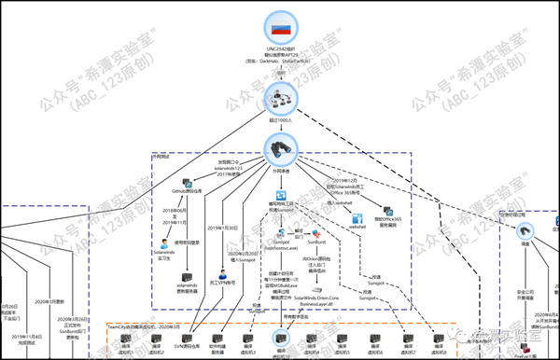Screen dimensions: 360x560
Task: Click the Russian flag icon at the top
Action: click(x=280, y=22)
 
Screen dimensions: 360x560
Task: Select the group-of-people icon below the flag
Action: click(x=280, y=96)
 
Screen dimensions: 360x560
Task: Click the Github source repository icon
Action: click(x=190, y=187)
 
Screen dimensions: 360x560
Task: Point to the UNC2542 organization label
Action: click(x=280, y=48)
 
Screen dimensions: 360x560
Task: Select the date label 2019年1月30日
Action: click(x=220, y=227)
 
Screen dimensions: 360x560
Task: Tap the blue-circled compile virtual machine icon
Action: click(x=280, y=342)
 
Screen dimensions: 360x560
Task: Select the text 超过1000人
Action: click(x=280, y=120)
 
